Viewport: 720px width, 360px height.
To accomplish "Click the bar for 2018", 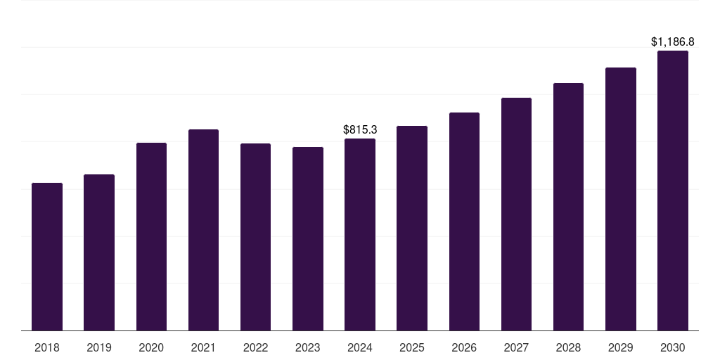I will pos(47,257).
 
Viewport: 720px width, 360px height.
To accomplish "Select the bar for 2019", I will pos(99,252).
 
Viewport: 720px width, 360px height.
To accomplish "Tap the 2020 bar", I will pos(151,236).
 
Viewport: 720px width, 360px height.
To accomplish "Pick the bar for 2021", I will pos(203,230).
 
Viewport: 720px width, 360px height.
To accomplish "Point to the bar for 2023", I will pos(308,238).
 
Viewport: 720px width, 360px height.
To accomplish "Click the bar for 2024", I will pos(360,234).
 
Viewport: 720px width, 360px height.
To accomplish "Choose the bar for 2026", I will pos(464,221).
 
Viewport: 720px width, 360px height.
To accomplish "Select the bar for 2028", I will pos(568,207).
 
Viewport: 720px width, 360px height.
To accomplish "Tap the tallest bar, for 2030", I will pos(672,191).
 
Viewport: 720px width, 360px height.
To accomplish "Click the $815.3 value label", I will pos(360,129).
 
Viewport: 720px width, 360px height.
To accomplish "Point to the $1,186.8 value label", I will pos(673,42).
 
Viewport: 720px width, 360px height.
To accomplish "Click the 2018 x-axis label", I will pos(47,347).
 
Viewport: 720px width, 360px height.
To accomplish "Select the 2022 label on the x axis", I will pos(255,347).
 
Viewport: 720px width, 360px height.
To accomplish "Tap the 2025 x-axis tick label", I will pos(412,347).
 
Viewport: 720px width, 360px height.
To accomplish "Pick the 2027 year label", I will pos(516,347).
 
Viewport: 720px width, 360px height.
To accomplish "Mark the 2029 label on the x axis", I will pos(620,347).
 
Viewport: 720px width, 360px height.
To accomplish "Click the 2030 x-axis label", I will pos(672,347).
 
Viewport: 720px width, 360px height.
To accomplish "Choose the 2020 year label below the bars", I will pos(151,347).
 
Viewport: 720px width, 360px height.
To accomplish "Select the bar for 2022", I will pos(255,237).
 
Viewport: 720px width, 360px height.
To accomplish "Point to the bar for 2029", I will pos(620,199).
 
